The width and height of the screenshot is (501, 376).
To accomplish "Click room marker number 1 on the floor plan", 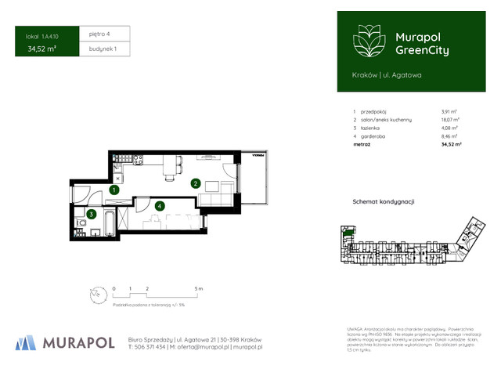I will (x=114, y=190).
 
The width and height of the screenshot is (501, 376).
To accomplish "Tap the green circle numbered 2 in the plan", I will (x=195, y=184).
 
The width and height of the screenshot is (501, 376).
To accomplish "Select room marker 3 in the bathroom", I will (x=92, y=214).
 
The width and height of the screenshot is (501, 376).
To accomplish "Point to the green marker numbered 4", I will (x=160, y=206).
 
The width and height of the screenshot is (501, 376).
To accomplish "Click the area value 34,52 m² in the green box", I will (x=41, y=49).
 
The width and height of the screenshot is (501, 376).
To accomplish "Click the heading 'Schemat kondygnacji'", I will (x=384, y=201).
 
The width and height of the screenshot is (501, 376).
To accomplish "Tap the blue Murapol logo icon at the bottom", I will (x=25, y=342).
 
